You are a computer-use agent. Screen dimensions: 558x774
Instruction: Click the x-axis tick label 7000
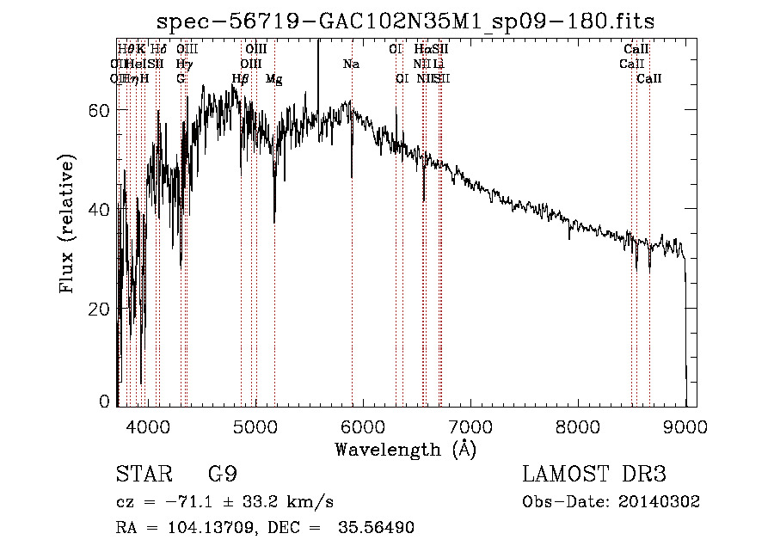pyautogui.click(x=470, y=424)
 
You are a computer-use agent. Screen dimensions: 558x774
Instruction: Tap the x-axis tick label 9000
pyautogui.click(x=685, y=424)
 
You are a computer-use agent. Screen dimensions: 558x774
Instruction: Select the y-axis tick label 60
pyautogui.click(x=99, y=110)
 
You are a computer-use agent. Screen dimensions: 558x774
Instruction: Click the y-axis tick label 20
pyautogui.click(x=99, y=309)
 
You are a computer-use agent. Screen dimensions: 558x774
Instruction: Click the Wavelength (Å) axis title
pyautogui.click(x=405, y=448)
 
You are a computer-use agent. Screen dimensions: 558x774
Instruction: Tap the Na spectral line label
pyautogui.click(x=351, y=64)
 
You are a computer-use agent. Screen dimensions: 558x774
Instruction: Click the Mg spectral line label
pyautogui.click(x=274, y=79)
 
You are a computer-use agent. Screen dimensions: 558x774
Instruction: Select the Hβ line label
pyautogui.click(x=241, y=79)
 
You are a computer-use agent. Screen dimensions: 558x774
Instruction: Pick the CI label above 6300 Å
pyautogui.click(x=396, y=50)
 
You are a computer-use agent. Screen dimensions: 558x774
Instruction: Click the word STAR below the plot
pyautogui.click(x=137, y=475)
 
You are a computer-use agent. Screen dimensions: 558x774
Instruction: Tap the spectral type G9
pyautogui.click(x=222, y=475)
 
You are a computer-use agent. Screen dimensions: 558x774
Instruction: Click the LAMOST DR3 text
pyautogui.click(x=594, y=475)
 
